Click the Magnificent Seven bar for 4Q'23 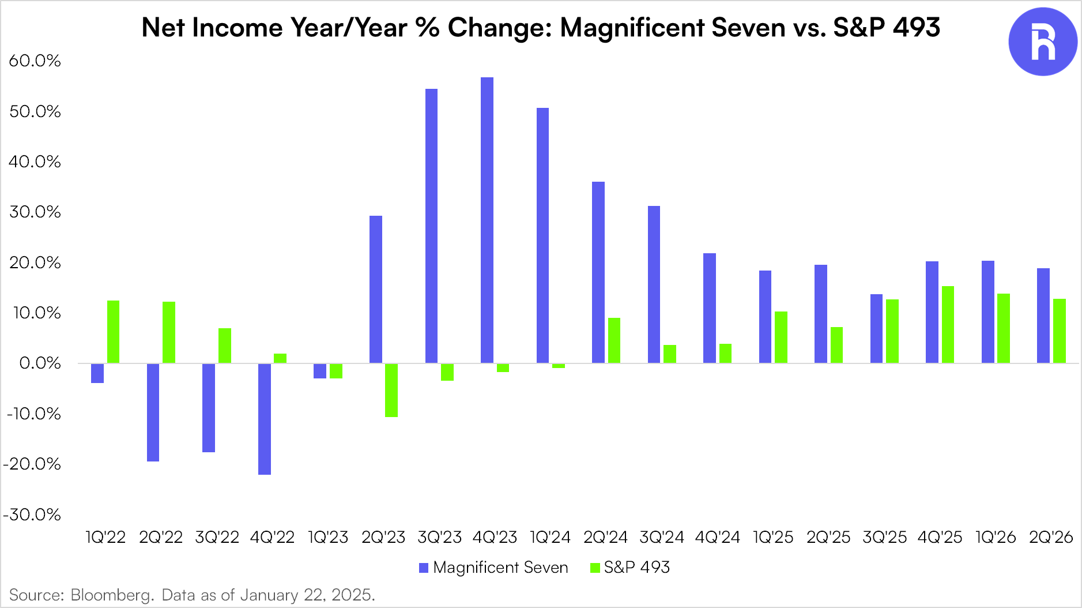tap(487, 220)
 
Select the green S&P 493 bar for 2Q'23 tap(391, 390)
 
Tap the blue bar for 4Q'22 tap(265, 419)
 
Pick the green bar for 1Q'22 tap(114, 332)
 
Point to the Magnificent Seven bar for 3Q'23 tap(431, 226)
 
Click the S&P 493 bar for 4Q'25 tap(948, 324)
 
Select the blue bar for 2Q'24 tap(598, 272)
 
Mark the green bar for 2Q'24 tap(614, 340)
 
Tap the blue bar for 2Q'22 tap(153, 412)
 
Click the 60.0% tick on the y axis tap(35, 61)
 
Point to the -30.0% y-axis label tap(32, 515)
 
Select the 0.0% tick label tap(40, 363)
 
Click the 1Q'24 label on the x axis tap(550, 538)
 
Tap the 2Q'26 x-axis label tap(1051, 538)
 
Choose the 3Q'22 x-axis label tap(217, 538)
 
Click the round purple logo tap(1042, 42)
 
